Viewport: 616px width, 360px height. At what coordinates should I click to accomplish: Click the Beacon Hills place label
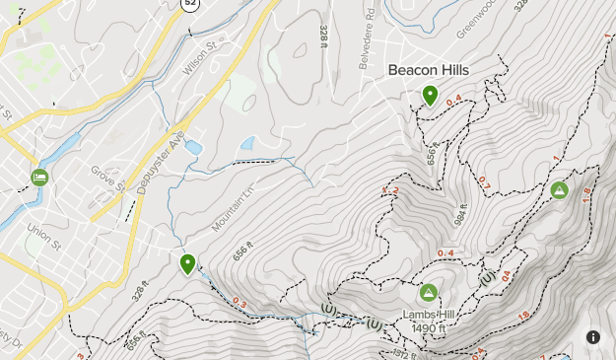point(429,70)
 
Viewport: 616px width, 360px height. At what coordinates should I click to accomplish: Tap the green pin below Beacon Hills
point(430,96)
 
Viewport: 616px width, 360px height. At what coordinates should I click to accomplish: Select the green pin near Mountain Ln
point(187,264)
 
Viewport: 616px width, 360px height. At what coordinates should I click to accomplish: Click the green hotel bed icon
point(39,178)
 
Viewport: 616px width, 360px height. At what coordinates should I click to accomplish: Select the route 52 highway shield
point(188,5)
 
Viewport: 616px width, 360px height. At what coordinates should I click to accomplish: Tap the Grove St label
point(108,180)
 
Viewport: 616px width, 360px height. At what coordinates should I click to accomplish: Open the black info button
point(593,337)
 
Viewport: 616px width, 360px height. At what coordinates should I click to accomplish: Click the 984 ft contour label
point(461,209)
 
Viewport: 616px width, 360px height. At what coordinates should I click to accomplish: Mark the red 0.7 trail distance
point(484,182)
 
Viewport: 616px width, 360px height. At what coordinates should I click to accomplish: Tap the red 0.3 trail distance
point(240,303)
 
